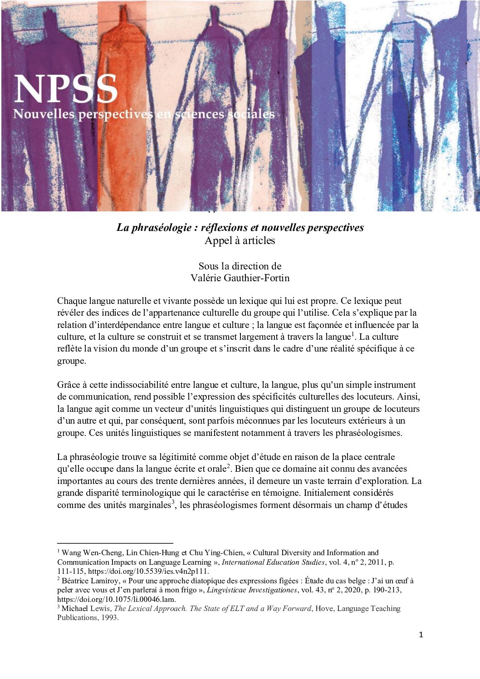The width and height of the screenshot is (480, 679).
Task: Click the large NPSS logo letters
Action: click(x=66, y=89)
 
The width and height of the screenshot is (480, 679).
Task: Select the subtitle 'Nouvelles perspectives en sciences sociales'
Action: click(x=143, y=114)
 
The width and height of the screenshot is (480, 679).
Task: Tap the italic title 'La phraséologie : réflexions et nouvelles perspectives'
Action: click(x=240, y=227)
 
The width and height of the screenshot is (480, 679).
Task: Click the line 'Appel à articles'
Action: click(x=240, y=240)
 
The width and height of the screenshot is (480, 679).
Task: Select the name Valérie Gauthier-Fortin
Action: click(x=240, y=278)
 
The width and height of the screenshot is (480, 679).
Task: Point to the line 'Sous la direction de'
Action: click(x=240, y=266)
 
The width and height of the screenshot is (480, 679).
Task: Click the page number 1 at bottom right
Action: click(x=421, y=635)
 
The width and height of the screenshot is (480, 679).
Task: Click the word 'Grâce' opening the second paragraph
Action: click(x=69, y=385)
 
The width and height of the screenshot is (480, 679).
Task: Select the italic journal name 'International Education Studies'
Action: click(x=273, y=562)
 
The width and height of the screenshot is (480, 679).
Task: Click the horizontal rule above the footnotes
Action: click(x=115, y=543)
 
